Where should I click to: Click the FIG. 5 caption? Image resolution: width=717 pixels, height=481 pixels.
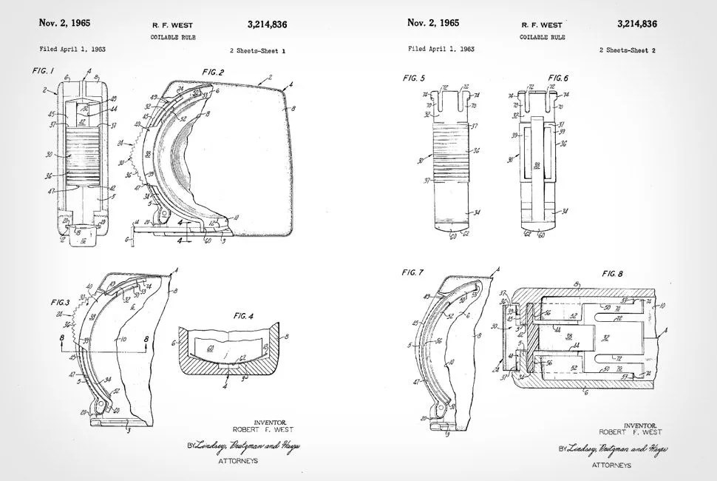click(414, 78)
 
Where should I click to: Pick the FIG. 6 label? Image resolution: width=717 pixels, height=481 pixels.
click(558, 78)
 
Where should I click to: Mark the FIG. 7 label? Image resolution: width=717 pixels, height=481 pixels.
click(412, 272)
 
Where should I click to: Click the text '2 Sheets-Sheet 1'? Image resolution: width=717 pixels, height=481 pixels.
click(257, 50)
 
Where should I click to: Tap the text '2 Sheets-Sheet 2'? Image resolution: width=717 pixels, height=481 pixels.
click(628, 50)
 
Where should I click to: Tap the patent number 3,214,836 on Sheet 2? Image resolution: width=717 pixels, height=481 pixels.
click(637, 24)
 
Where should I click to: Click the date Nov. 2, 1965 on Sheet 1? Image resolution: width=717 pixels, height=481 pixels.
click(64, 23)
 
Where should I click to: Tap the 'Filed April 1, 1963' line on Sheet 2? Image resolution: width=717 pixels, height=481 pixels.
click(441, 49)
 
